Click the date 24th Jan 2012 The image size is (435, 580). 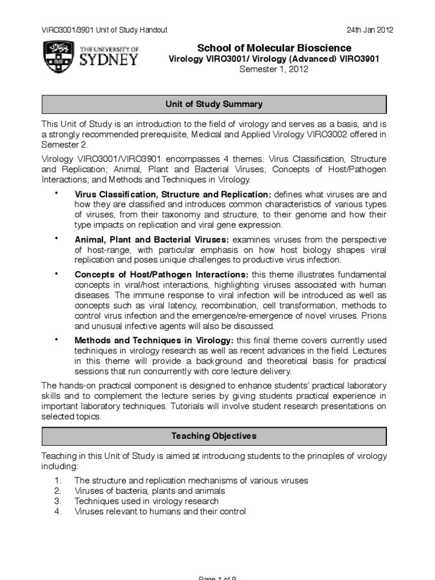pos(370,30)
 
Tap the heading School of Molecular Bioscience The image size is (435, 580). pos(274,48)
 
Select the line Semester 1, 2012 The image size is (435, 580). pos(274,70)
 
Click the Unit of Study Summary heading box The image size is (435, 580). pos(214,104)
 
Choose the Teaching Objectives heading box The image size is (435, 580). pos(214,436)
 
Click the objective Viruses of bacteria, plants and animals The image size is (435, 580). pos(150,491)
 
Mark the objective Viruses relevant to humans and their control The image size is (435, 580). pos(160,512)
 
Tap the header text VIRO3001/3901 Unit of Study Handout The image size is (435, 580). pos(105,30)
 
